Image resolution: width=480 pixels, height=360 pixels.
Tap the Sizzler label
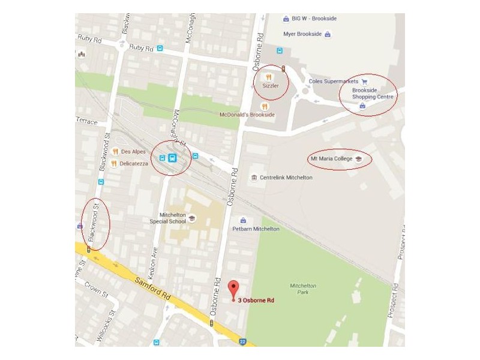(271, 85)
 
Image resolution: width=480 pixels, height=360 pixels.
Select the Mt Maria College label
(331, 159)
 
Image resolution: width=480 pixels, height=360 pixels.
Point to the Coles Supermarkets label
(333, 81)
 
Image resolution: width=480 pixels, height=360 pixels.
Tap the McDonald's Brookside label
(247, 114)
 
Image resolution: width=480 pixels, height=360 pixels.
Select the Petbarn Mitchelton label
(256, 229)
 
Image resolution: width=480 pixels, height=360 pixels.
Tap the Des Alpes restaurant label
(133, 152)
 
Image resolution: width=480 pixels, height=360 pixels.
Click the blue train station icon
(172, 158)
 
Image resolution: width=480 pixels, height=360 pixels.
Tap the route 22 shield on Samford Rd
(242, 341)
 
